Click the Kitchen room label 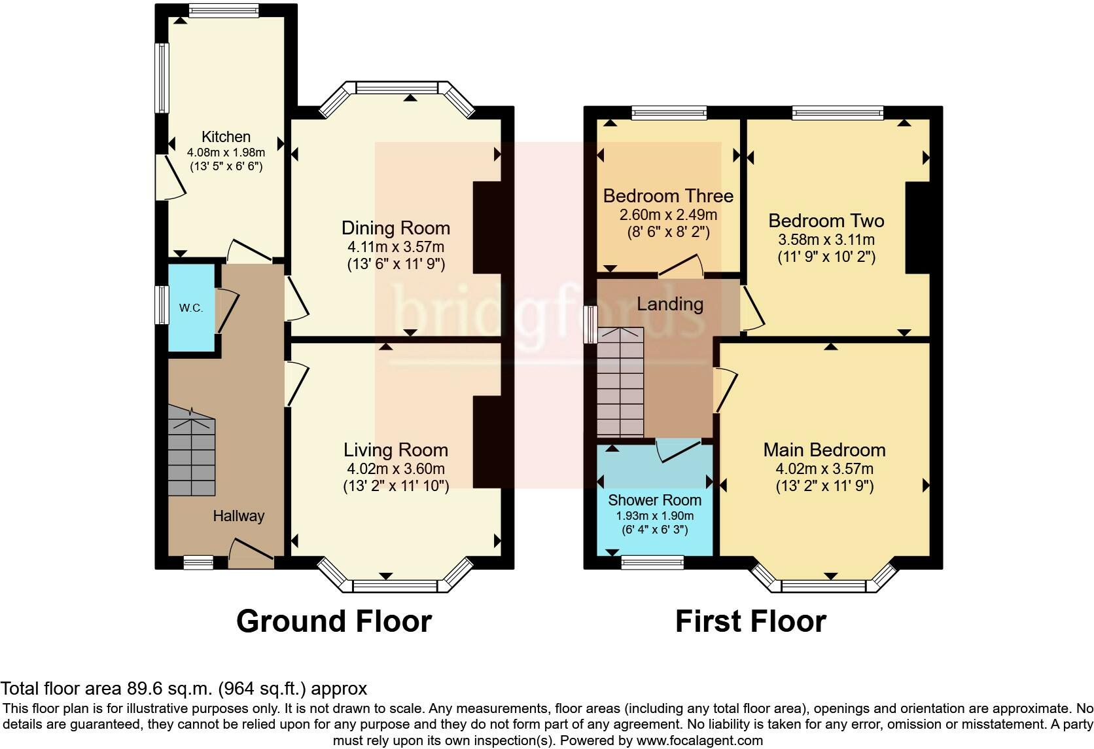pos(226,137)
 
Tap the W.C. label pos(191,308)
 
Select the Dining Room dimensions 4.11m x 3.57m pos(396,247)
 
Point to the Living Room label pos(396,450)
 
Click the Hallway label pos(239,516)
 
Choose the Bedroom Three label pos(668,196)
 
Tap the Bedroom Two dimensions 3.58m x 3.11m pos(826,240)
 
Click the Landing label pos(670,304)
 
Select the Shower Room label pos(654,500)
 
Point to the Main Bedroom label pos(824,450)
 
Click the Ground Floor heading pos(334,621)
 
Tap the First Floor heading pos(750,621)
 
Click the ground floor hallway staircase pos(192,450)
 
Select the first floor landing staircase pos(620,382)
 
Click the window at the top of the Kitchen pos(224,10)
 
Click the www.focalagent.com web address pos(699,740)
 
